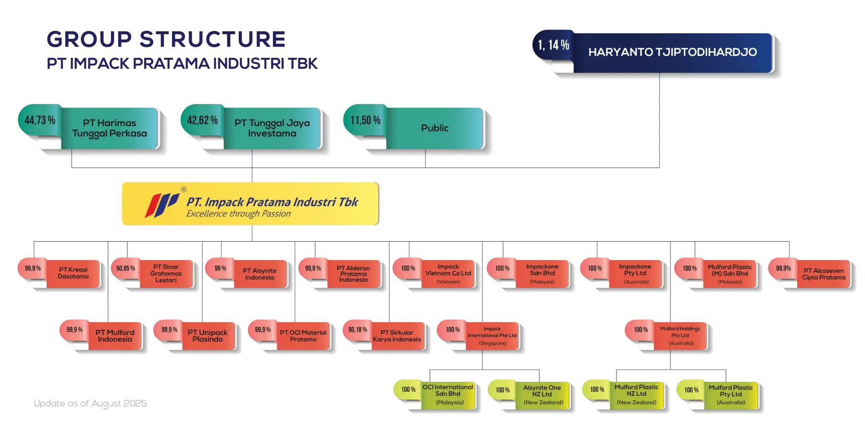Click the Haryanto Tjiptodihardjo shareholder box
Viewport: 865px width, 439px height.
tap(673, 52)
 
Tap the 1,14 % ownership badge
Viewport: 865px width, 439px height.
tap(554, 45)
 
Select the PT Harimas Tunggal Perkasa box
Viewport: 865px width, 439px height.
tap(110, 128)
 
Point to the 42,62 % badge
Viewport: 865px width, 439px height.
tap(202, 120)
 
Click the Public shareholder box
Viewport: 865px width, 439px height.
tap(435, 128)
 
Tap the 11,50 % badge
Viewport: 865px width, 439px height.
tap(365, 120)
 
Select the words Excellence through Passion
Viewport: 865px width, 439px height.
tap(238, 214)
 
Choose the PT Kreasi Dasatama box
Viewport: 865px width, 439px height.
tap(73, 273)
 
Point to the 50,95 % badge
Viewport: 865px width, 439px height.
tap(125, 269)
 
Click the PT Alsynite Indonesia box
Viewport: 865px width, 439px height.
tap(259, 274)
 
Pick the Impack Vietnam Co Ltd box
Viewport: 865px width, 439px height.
tap(448, 274)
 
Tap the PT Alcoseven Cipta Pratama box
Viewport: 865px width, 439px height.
tap(824, 274)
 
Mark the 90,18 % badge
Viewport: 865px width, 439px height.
tap(358, 330)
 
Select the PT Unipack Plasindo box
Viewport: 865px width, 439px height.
tap(208, 336)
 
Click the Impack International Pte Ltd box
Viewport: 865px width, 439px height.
tap(493, 336)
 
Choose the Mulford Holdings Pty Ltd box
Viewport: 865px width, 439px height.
tap(680, 336)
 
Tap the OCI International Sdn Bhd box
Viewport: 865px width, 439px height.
tap(448, 395)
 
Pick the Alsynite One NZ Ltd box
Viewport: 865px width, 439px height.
tap(542, 395)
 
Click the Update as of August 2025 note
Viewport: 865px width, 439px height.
tap(90, 403)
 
